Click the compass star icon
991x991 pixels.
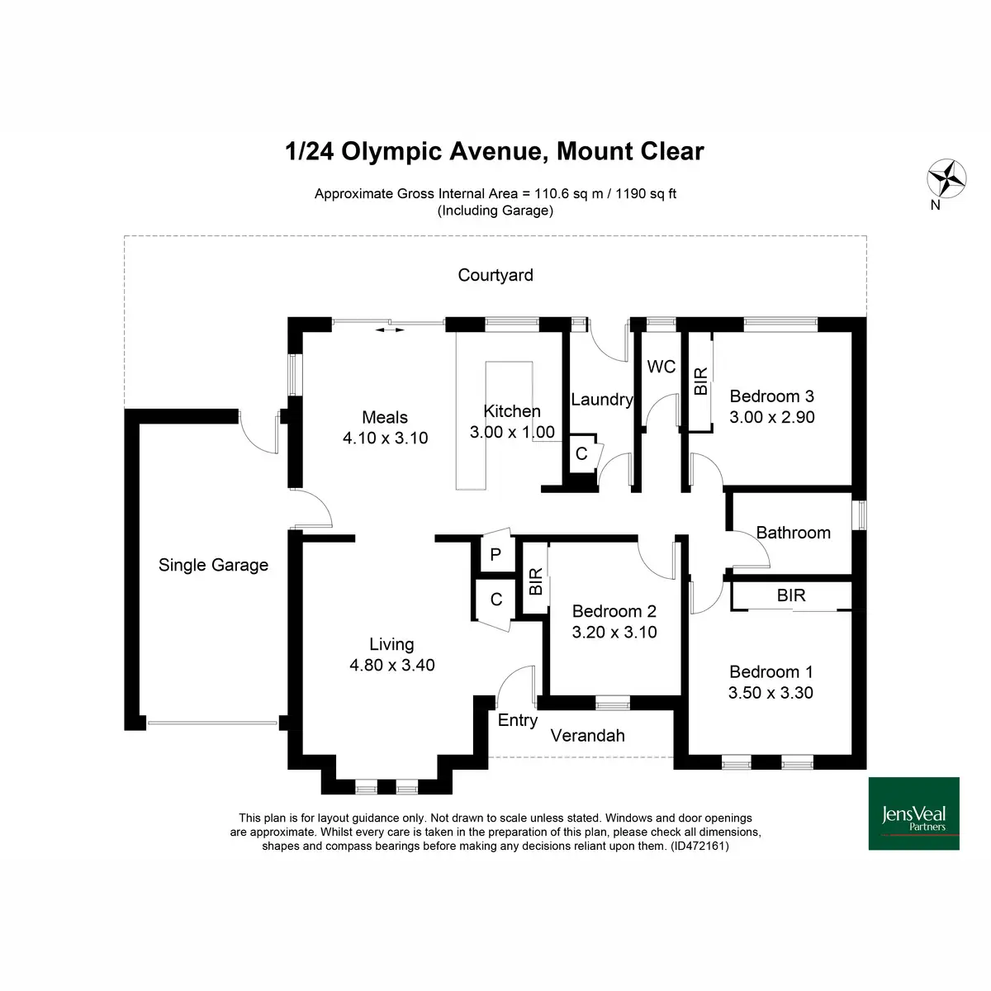pyautogui.click(x=946, y=178)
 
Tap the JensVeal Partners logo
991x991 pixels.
pyautogui.click(x=913, y=813)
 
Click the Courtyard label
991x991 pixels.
pyautogui.click(x=495, y=275)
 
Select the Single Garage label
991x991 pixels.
pyautogui.click(x=213, y=565)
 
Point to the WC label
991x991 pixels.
pyautogui.click(x=661, y=367)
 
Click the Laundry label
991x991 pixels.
pyautogui.click(x=602, y=400)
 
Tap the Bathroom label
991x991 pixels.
pyautogui.click(x=793, y=533)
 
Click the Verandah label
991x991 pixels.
pyautogui.click(x=587, y=736)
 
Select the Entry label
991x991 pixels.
pyautogui.click(x=517, y=720)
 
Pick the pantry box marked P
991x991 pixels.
pyautogui.click(x=495, y=554)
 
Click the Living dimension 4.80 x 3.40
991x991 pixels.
pyautogui.click(x=392, y=665)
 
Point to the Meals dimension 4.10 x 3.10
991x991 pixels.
pyautogui.click(x=385, y=438)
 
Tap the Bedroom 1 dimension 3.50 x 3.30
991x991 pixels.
pyautogui.click(x=771, y=693)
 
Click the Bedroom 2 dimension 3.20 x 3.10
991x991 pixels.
pyautogui.click(x=614, y=632)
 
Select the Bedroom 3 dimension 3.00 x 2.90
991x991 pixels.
pyautogui.click(x=771, y=417)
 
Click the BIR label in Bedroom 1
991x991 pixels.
pyautogui.click(x=791, y=595)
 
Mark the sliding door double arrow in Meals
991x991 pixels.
pyautogui.click(x=389, y=330)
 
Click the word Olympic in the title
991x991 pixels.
pyautogui.click(x=391, y=152)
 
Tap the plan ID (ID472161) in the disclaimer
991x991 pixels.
pyautogui.click(x=699, y=846)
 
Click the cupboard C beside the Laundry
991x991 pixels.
pyautogui.click(x=581, y=453)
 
